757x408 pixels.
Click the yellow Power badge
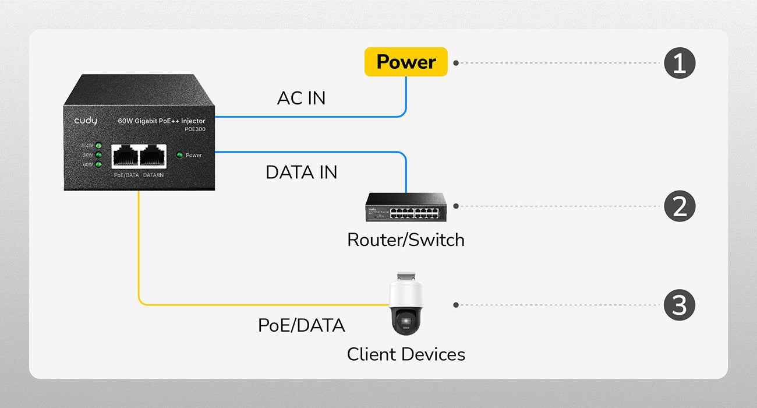click(x=406, y=62)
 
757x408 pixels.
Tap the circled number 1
click(x=680, y=62)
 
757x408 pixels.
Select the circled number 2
click(x=680, y=206)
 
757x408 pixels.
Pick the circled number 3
click(x=680, y=305)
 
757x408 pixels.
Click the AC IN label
click(x=301, y=99)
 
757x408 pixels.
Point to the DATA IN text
click(x=301, y=173)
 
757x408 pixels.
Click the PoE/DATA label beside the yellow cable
click(x=301, y=325)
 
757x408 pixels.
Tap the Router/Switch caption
click(x=406, y=240)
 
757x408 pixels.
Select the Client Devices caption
click(x=406, y=354)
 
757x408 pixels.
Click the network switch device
click(x=406, y=206)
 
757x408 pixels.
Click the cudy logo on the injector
click(x=86, y=121)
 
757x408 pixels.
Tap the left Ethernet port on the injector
click(x=125, y=156)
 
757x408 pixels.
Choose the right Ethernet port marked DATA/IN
click(x=153, y=156)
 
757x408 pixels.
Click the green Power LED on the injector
click(x=179, y=155)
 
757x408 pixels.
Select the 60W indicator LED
click(x=98, y=164)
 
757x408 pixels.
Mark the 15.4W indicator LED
click(x=98, y=146)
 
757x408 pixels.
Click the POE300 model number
click(x=194, y=129)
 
